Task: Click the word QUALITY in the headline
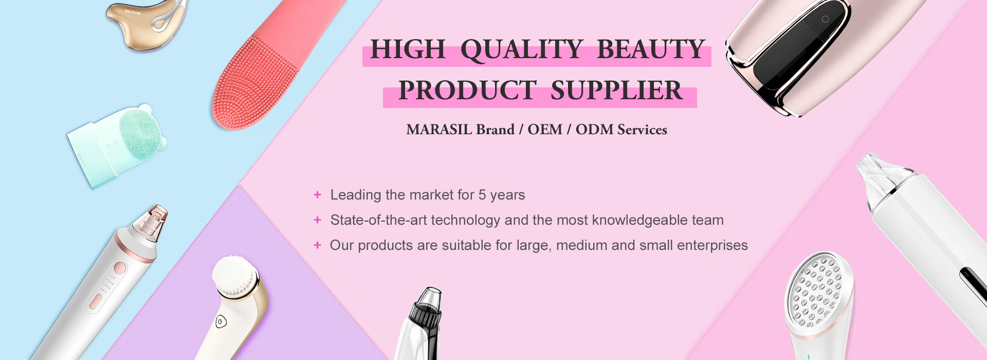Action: (521, 50)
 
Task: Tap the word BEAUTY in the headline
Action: (650, 50)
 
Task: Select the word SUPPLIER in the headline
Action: (616, 91)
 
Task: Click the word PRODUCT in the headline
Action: (467, 91)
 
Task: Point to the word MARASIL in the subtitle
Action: (439, 130)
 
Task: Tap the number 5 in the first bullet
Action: (482, 195)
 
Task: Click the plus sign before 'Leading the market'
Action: (317, 195)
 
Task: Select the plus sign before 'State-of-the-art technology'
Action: (317, 220)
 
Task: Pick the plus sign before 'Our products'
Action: (317, 245)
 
